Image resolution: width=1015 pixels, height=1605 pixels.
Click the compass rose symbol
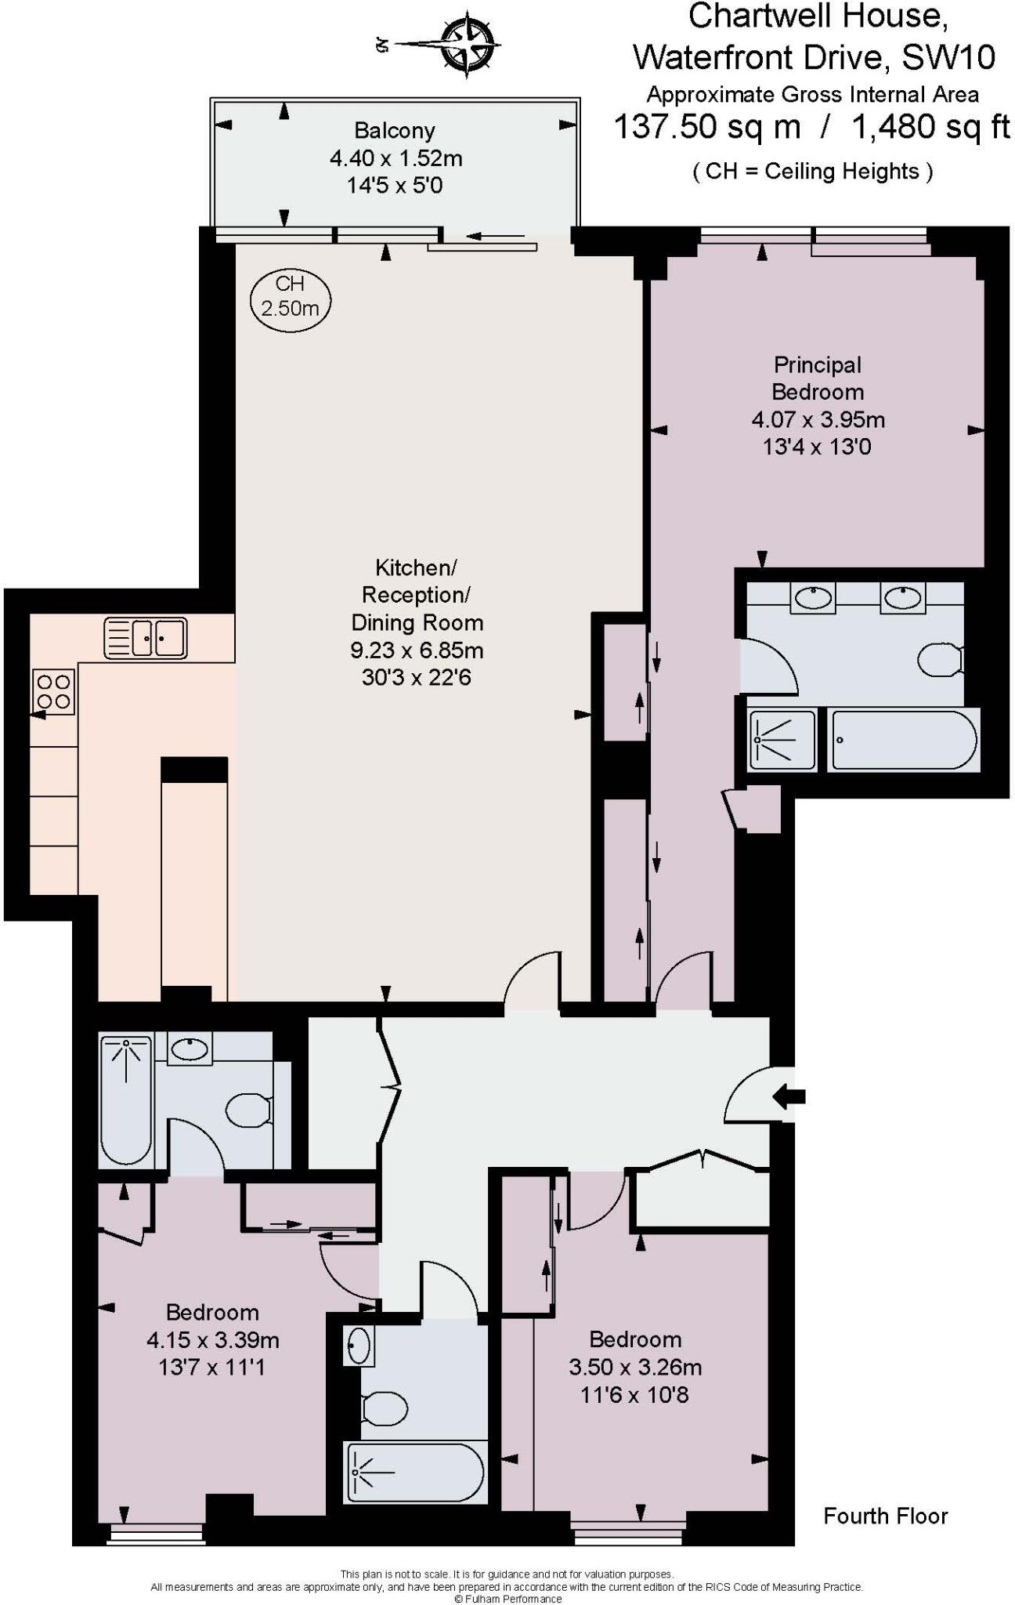click(468, 44)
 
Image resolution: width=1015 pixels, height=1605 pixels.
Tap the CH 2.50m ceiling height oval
click(291, 298)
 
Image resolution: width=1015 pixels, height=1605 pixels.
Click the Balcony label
click(394, 130)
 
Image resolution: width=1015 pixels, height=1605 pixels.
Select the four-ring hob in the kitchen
click(53, 691)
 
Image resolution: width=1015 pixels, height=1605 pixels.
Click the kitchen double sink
click(146, 638)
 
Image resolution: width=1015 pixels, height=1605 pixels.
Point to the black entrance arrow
click(789, 1096)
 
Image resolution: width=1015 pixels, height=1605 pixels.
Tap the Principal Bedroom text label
click(818, 379)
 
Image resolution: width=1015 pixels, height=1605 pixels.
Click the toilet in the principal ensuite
click(939, 660)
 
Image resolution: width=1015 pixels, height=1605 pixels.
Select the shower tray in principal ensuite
click(782, 739)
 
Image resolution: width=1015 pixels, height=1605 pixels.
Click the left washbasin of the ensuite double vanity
click(813, 598)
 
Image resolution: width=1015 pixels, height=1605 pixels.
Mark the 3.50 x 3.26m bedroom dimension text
click(634, 1368)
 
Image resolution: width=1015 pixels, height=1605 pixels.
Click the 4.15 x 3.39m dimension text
click(212, 1340)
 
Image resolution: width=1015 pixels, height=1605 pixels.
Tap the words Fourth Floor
click(885, 1516)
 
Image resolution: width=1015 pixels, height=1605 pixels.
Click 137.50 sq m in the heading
click(706, 127)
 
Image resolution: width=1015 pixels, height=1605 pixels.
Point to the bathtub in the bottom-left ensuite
click(125, 1100)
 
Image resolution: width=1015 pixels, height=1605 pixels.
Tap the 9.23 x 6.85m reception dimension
click(417, 650)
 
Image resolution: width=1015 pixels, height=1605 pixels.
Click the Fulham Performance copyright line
click(507, 1599)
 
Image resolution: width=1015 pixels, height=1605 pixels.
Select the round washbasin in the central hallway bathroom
click(359, 1346)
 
